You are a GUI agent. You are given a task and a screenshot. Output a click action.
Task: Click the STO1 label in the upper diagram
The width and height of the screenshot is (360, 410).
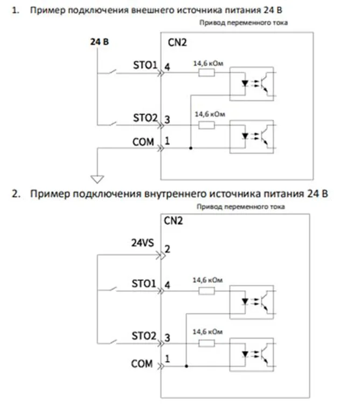point(144,66)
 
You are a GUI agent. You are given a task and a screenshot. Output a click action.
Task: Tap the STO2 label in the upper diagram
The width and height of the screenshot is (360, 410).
point(144,117)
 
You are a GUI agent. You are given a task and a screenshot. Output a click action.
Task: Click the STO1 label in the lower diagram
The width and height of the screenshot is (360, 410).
point(143,283)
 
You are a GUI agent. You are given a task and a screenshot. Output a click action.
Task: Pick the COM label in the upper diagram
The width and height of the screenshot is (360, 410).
point(143,142)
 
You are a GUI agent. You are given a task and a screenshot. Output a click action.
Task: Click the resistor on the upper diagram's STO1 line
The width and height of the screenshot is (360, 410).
point(206,73)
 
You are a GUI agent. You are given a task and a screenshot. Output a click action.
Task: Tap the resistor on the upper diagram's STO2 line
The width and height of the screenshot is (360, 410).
point(206,125)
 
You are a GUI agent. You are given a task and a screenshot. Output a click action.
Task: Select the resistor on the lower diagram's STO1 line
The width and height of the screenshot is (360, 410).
point(206,291)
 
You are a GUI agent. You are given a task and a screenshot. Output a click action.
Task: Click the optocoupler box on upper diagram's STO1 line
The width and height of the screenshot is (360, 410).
point(251,81)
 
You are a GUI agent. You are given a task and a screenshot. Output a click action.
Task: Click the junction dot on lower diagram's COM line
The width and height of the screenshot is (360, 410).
point(186,366)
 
